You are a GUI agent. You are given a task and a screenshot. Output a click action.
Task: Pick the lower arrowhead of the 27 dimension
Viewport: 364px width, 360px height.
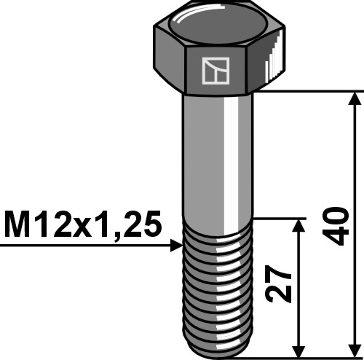[298, 348]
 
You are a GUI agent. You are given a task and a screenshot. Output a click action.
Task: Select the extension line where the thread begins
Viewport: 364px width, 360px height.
[277, 217]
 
